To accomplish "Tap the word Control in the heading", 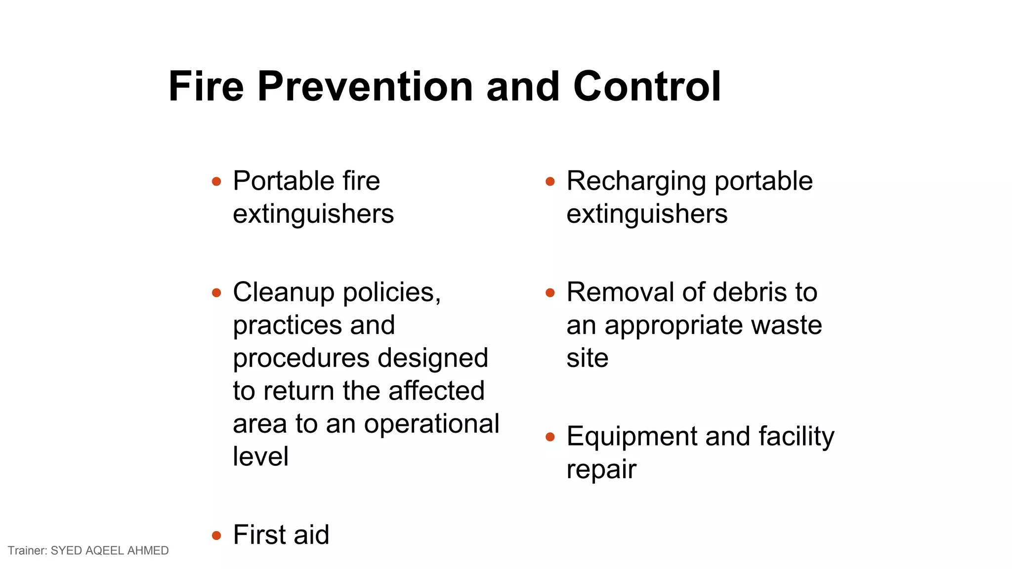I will click(647, 86).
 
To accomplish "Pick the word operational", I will click(431, 424).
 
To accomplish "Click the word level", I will click(260, 456).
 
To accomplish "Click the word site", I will click(587, 358).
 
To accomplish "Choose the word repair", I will click(601, 470).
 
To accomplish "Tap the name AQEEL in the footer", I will click(105, 551).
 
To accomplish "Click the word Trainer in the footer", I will click(27, 551).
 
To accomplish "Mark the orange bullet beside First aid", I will click(216, 535).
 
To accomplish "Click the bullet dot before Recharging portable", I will click(550, 182).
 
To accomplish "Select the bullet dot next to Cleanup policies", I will click(216, 293).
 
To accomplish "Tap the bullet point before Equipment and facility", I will click(550, 437).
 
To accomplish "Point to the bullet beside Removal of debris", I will click(550, 293).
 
